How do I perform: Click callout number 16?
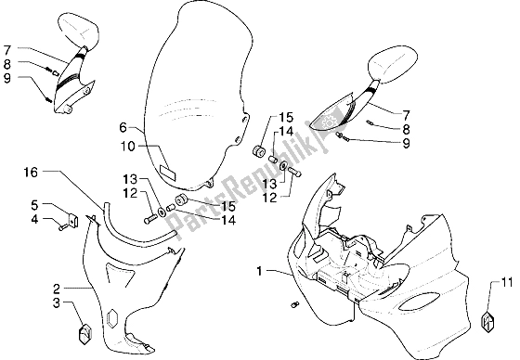coord(31,173)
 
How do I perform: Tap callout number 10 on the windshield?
coord(127,147)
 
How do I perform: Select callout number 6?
coord(123,127)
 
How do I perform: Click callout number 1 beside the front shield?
coord(259,271)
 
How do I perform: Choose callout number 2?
coord(57,289)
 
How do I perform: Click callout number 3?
coord(57,302)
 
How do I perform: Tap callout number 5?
coord(35,205)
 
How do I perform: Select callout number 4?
coord(35,219)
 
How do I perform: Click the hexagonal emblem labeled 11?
coord(488,320)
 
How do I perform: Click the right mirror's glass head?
coord(393,65)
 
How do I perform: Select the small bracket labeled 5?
coord(73,220)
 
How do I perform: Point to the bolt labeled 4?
coord(63,227)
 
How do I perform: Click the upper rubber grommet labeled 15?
coord(259,151)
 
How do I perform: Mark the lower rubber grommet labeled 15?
coord(181,200)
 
